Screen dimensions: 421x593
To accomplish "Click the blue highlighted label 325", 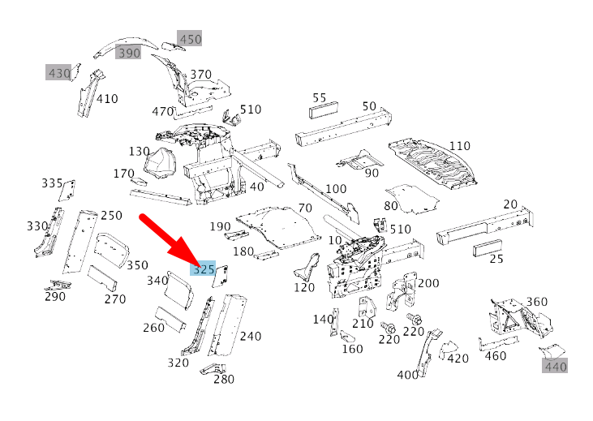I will click(204, 268).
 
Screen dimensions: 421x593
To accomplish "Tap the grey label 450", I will click(190, 39).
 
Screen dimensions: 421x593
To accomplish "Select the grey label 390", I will click(128, 53).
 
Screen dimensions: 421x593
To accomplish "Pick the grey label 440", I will click(555, 366).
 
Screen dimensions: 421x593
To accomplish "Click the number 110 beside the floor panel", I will click(459, 146).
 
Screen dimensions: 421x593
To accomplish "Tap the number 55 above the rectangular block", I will click(320, 97).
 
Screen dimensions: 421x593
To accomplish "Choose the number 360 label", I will click(536, 302).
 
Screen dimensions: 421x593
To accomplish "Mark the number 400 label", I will click(408, 375).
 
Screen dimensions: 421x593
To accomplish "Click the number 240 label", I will click(251, 336).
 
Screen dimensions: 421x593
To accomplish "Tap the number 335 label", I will click(52, 183).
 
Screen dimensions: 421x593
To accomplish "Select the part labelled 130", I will click(161, 163).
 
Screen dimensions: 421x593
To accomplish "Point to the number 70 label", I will click(305, 208).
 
